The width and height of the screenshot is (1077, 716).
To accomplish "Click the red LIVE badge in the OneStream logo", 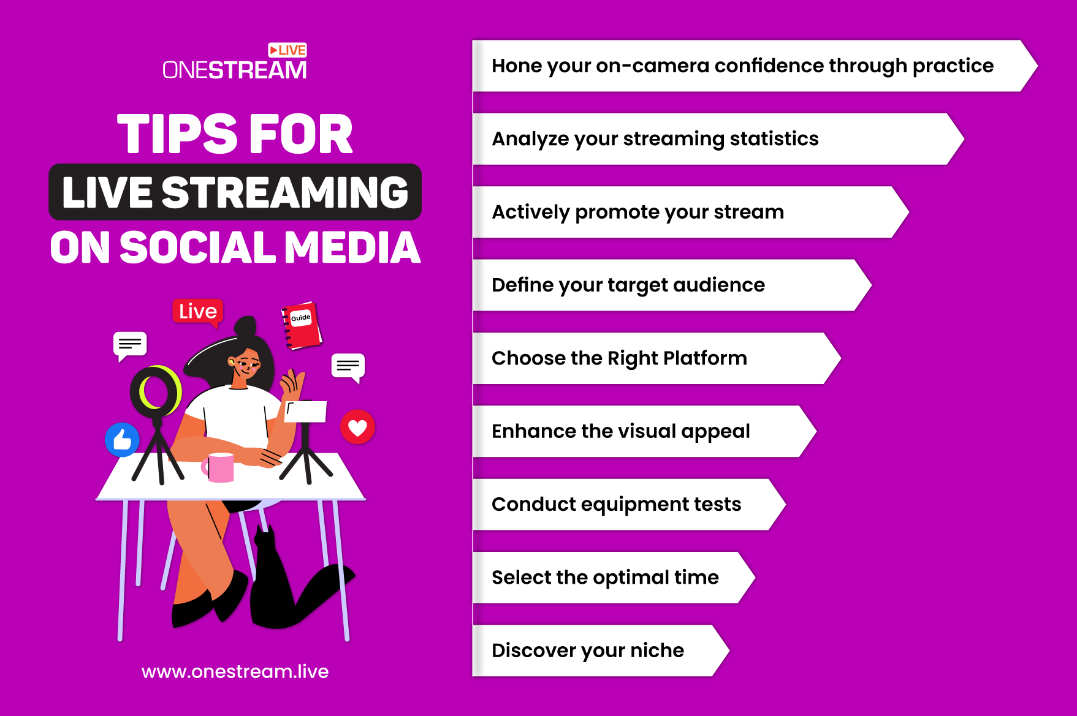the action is coord(287,50).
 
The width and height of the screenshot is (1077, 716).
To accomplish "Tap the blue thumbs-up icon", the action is coord(123,439).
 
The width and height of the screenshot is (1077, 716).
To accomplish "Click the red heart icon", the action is coord(357,427).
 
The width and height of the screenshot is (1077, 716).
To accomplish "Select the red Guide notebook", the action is coord(301,325).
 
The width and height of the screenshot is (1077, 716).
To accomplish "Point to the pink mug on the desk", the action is coord(219,467).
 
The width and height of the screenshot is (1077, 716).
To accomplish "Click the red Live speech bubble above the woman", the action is coord(198,312).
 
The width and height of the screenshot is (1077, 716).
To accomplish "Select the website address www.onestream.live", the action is coord(235,671).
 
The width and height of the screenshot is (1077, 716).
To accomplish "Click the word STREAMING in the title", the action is coord(285,192).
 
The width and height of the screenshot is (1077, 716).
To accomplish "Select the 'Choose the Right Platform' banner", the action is coord(656,358).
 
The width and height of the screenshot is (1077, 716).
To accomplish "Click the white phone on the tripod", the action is coord(306,412).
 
